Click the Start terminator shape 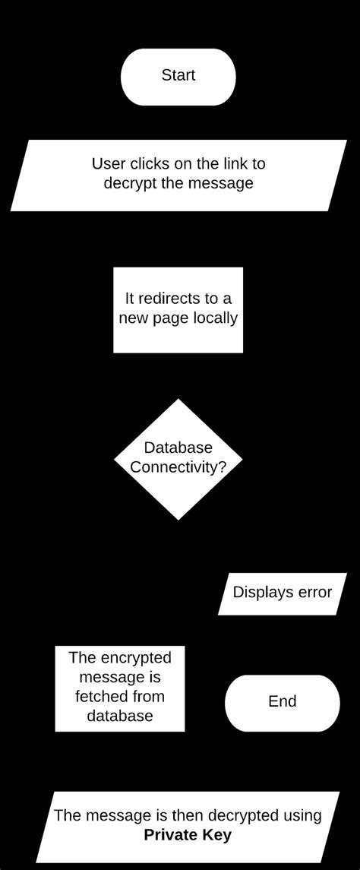(178, 76)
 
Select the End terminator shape (282, 702)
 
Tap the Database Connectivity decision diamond (178, 459)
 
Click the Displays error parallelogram (283, 593)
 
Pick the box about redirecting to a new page (178, 309)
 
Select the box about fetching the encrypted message (120, 688)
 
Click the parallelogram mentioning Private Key (188, 825)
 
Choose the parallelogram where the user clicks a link (178, 174)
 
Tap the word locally (216, 318)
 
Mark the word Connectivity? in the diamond (178, 468)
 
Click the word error (314, 593)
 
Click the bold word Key (217, 835)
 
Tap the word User (107, 164)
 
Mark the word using (301, 816)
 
